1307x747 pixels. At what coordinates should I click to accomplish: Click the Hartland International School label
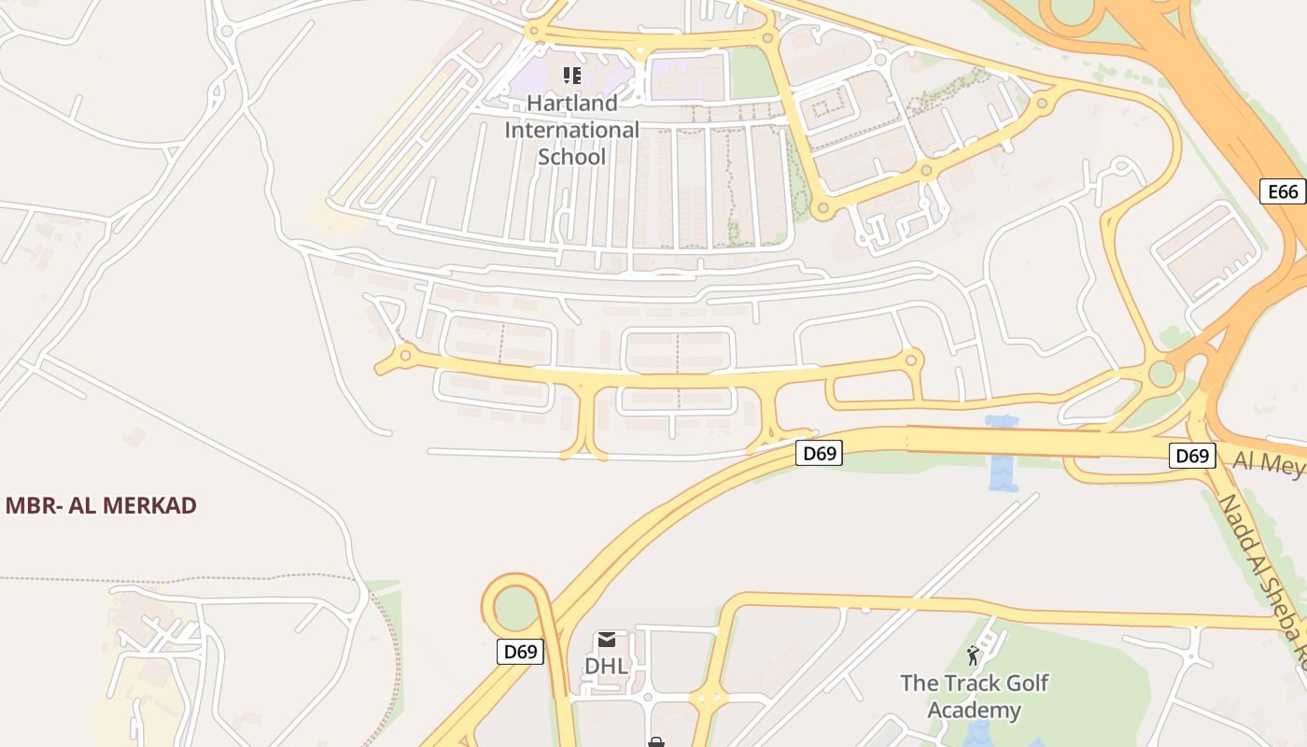coord(572,130)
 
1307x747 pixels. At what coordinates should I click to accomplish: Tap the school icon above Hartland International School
coord(572,75)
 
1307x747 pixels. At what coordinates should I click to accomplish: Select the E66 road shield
coord(1283,191)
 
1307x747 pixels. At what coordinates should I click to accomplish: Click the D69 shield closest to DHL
coord(519,652)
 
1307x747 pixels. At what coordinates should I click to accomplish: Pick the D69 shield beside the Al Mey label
coord(1192,456)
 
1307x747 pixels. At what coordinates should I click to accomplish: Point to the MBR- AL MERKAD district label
coord(101,506)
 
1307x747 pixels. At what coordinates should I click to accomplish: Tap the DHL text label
coord(607,667)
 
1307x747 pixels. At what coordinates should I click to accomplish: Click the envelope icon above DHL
coord(607,640)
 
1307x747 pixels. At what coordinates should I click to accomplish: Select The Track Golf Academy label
coord(975,697)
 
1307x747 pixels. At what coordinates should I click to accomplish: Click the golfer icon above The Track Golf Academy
coord(974,655)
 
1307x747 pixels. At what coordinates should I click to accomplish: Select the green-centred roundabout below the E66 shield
coord(1161,374)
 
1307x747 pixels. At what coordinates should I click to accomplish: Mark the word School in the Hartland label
coord(572,157)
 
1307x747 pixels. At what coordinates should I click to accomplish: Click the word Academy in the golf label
coord(975,711)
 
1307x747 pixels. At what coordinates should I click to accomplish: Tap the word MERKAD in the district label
coord(149,506)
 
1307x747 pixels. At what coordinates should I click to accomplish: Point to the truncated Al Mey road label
coord(1269,461)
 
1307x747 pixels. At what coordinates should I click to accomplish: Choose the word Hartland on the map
coord(572,103)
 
